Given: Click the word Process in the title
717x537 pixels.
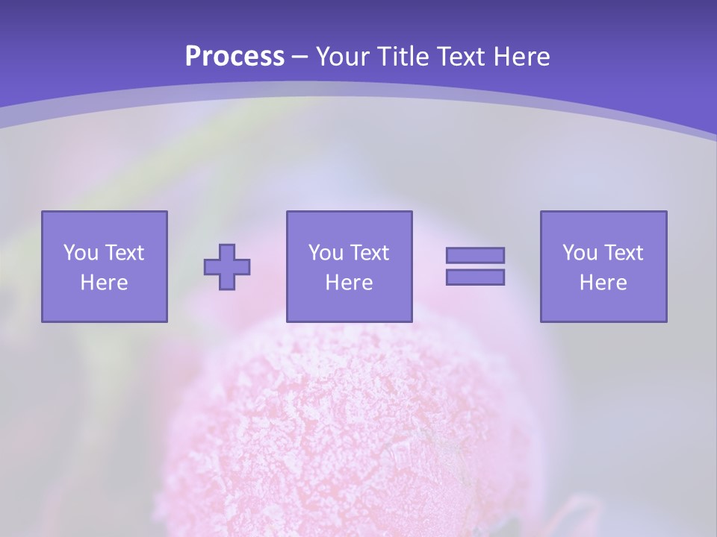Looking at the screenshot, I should (x=235, y=57).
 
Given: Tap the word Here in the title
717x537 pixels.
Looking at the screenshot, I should (x=521, y=57).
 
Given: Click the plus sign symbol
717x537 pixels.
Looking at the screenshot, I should (x=227, y=267).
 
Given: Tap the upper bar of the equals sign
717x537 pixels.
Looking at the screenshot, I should (x=475, y=255).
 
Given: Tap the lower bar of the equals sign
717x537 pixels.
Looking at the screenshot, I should (x=475, y=277).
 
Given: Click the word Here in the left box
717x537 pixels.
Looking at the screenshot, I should (x=105, y=283).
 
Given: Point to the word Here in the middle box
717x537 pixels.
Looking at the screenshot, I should (x=350, y=283).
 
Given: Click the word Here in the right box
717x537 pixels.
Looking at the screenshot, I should (x=603, y=283).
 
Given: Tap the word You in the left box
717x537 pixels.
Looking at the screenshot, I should (x=80, y=253).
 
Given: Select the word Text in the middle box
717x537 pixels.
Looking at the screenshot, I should (x=370, y=253).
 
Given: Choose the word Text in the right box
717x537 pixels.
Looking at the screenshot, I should (x=624, y=253).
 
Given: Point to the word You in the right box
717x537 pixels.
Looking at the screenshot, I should (x=580, y=253).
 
